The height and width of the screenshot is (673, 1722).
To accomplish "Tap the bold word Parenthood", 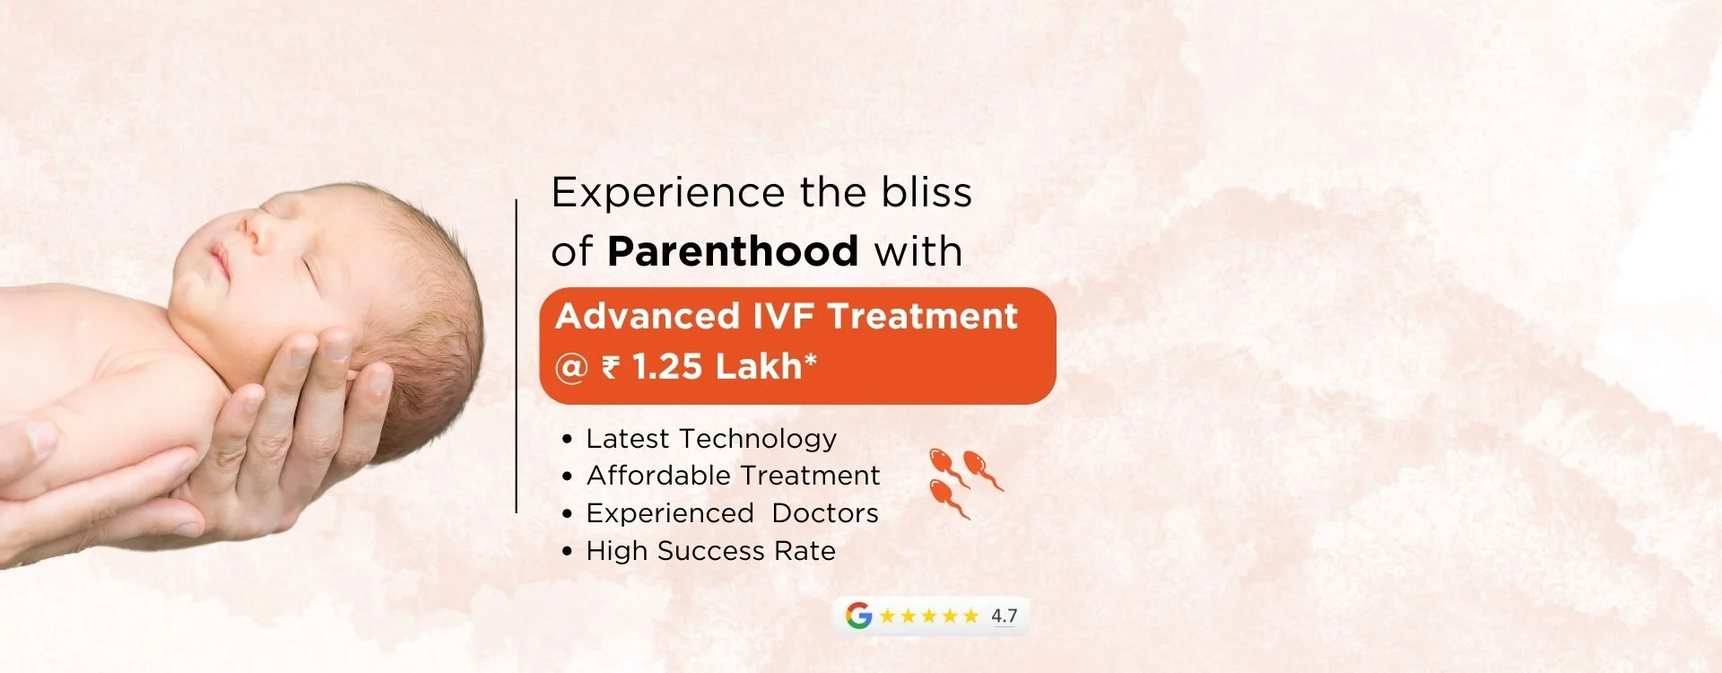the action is click(x=733, y=250).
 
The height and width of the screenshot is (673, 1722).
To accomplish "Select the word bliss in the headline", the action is click(x=926, y=192).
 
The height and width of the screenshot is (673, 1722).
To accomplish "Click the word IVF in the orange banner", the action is click(x=783, y=316).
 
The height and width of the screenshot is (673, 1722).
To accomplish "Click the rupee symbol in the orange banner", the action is click(x=611, y=367).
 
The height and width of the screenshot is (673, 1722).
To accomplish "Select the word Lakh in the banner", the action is click(x=759, y=366).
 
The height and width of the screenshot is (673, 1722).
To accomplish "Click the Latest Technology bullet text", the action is click(x=711, y=439).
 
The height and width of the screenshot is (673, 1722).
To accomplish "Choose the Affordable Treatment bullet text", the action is click(x=733, y=476).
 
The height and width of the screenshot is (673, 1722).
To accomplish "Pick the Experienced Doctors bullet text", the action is click(x=732, y=513).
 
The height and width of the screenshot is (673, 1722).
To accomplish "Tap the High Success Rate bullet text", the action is click(x=710, y=551).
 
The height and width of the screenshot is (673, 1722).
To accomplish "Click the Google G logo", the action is click(x=858, y=616).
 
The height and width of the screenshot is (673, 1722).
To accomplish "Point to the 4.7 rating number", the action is click(x=1004, y=616).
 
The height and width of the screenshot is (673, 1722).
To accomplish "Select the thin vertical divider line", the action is click(x=517, y=356).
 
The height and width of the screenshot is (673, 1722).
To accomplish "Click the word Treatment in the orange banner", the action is click(x=922, y=316).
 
